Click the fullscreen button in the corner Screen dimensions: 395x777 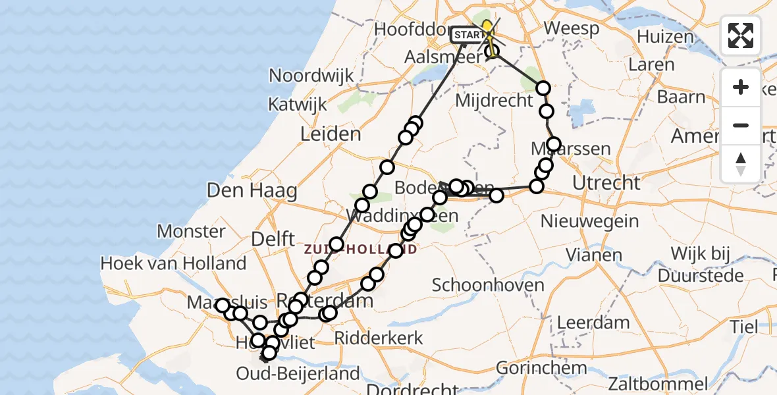[741, 35]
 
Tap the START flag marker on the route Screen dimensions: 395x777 [468, 34]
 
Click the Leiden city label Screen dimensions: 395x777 [331, 134]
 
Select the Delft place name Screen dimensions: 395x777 [273, 240]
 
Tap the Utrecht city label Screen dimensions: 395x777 [606, 183]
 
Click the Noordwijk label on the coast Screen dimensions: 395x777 [311, 76]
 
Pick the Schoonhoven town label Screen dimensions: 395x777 [488, 285]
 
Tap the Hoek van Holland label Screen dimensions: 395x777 [173, 264]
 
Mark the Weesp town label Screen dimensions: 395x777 [572, 29]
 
